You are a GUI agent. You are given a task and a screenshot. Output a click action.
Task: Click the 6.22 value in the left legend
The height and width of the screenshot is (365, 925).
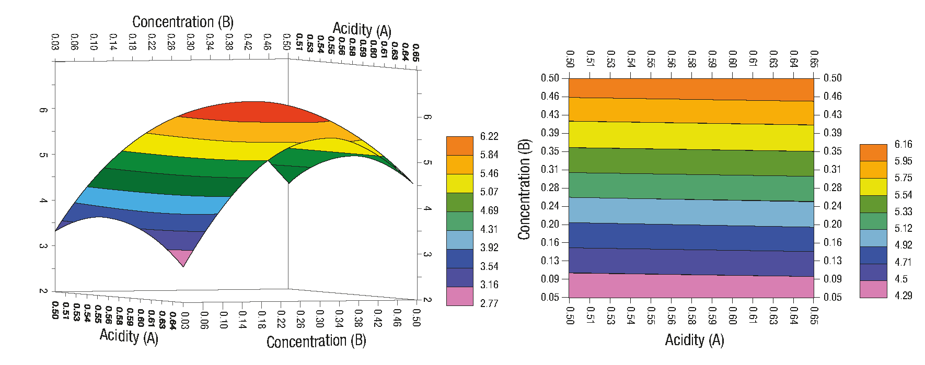click(489, 136)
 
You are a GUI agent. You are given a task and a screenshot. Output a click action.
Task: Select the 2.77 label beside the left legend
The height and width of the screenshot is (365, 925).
click(489, 303)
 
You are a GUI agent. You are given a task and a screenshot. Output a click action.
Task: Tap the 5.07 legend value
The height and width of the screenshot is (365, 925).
click(489, 192)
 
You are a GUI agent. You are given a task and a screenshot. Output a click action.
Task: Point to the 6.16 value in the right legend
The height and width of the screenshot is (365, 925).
click(903, 144)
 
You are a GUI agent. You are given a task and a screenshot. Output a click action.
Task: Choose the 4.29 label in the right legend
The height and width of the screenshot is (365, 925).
click(903, 296)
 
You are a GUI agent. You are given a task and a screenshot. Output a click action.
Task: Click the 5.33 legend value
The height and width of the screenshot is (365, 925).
click(903, 211)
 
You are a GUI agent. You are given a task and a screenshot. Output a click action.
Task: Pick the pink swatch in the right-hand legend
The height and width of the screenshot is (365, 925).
click(873, 289)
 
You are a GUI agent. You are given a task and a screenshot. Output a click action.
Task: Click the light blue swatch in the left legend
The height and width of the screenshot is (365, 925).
click(460, 240)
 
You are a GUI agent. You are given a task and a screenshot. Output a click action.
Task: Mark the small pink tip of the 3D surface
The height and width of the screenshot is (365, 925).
click(181, 256)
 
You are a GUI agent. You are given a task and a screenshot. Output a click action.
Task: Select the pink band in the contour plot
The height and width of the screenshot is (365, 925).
click(691, 286)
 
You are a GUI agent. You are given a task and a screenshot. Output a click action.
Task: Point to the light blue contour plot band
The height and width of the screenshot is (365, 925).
click(691, 211)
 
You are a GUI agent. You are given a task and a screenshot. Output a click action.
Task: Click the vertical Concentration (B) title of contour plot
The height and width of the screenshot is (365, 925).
click(524, 189)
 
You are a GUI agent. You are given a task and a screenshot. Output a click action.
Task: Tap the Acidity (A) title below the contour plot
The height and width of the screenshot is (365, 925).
click(694, 340)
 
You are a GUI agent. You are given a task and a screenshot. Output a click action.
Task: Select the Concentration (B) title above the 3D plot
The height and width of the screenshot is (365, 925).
click(183, 22)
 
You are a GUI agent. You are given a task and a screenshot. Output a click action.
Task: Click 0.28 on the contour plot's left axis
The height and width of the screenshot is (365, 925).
click(550, 187)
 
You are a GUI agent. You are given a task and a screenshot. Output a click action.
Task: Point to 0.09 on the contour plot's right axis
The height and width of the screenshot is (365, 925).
click(832, 279)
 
